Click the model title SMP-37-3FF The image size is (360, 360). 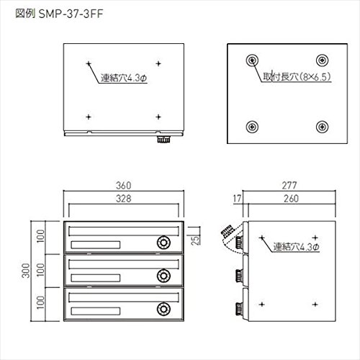point(71,14)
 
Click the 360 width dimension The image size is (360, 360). point(124,186)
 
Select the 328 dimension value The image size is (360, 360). point(124,199)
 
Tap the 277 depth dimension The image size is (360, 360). point(289,186)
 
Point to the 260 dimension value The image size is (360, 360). point(292,199)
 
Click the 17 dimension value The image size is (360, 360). point(237,199)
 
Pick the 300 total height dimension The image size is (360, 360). point(26,271)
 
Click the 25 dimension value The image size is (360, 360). point(196,240)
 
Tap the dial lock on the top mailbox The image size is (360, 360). point(163,243)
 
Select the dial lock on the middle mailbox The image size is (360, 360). point(163,276)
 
